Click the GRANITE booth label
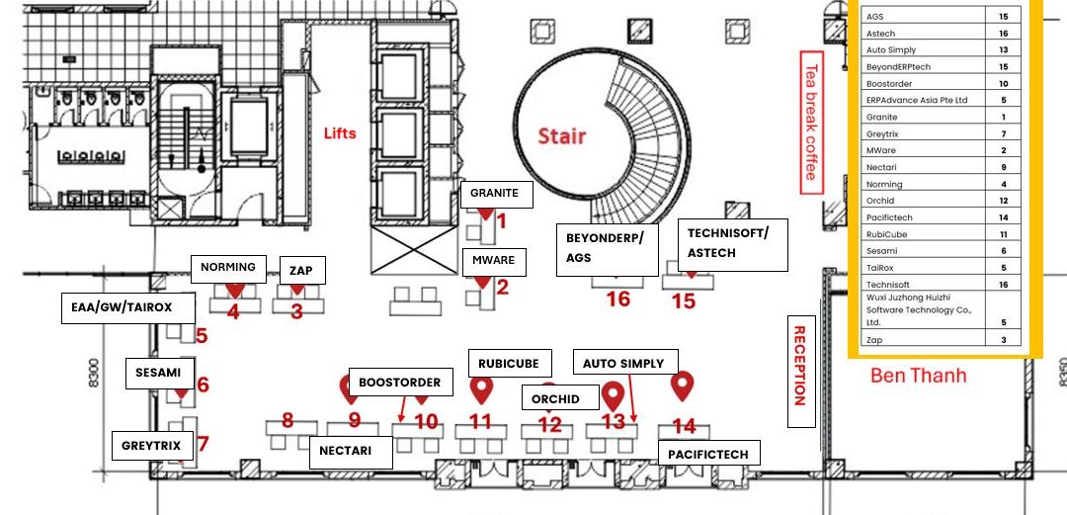click(497, 194)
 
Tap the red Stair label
click(562, 135)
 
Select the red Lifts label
click(340, 132)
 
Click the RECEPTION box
click(801, 372)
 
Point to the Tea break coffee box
click(811, 122)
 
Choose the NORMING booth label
click(228, 268)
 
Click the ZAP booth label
click(303, 271)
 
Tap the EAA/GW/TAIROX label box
click(127, 307)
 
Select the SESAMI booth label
click(158, 374)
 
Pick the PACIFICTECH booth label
click(708, 454)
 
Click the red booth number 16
click(617, 299)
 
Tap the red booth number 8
click(287, 420)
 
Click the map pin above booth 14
click(682, 386)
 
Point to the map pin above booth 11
click(482, 390)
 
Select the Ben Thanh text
click(919, 376)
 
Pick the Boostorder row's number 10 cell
click(1003, 84)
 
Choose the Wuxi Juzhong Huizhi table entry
click(919, 310)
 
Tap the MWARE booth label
click(494, 261)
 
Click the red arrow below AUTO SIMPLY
click(632, 397)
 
